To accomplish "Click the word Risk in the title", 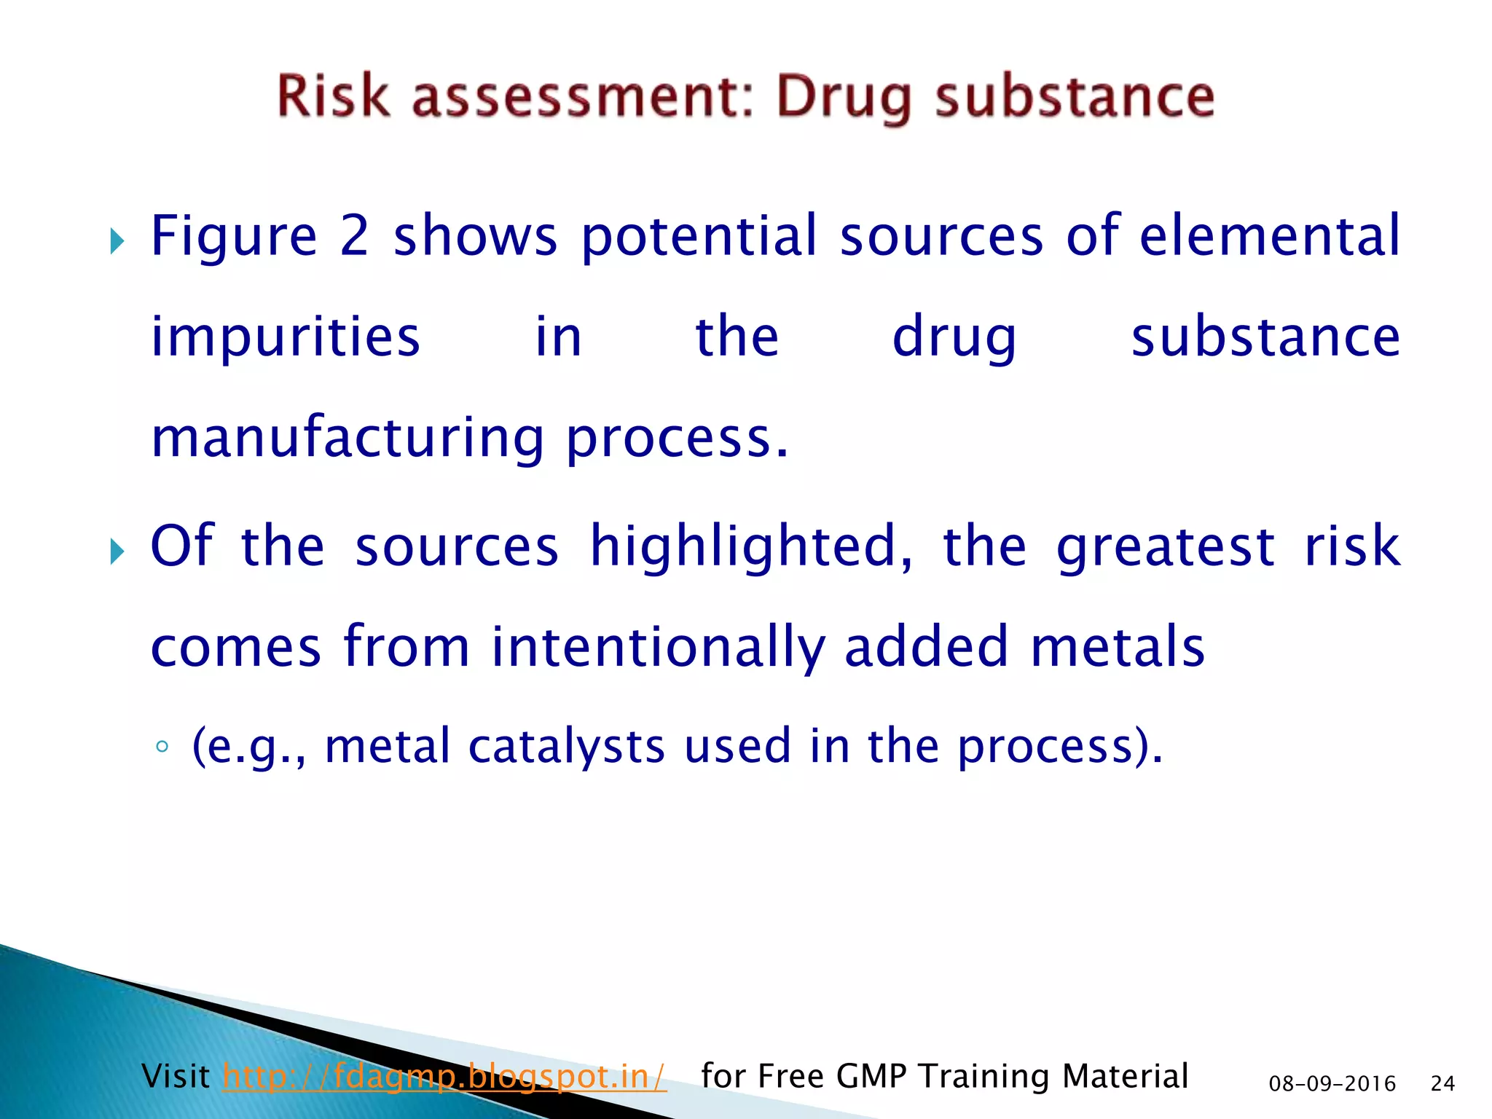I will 333,97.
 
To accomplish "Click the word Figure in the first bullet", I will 234,237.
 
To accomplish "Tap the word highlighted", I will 750,546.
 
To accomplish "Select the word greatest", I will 1166,546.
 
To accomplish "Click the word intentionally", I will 659,647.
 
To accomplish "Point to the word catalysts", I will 567,746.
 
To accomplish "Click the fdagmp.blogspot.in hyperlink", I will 444,1076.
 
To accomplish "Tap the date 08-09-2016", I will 1332,1084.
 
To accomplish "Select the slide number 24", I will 1442,1084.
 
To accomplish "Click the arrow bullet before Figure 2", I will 117,240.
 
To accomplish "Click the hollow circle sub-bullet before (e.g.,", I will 162,747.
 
